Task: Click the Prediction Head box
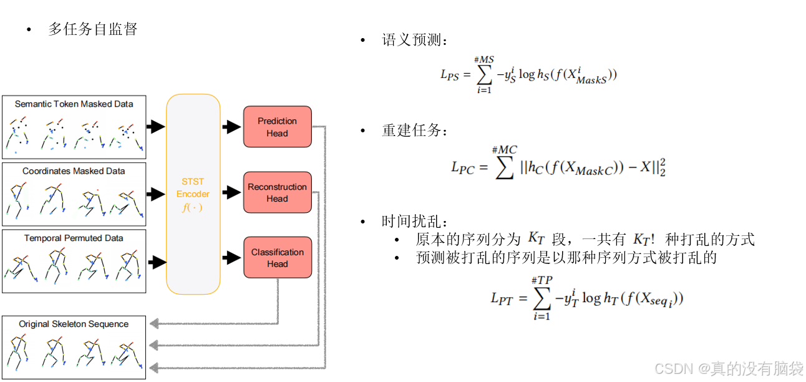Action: tap(277, 127)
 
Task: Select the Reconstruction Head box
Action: tap(277, 192)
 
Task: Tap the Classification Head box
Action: tap(277, 258)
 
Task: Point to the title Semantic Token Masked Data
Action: tap(74, 104)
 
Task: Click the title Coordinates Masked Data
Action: tap(74, 171)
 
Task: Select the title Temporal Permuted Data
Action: tap(74, 238)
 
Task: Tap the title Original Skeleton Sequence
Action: tap(74, 324)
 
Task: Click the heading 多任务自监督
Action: tap(92, 29)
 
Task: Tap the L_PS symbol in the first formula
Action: tap(450, 75)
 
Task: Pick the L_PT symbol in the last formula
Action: tap(502, 299)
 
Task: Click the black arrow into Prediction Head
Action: tap(231, 127)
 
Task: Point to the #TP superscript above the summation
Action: tap(541, 281)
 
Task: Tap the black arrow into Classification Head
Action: tap(231, 257)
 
